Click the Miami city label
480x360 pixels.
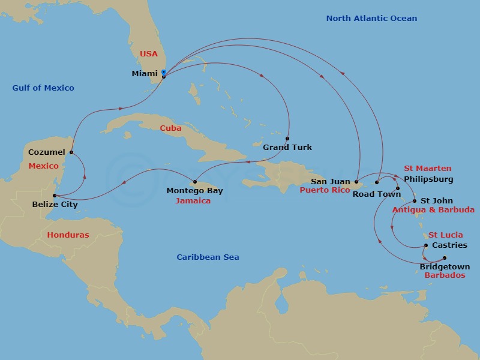[x=145, y=74]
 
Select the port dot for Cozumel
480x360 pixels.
[x=71, y=152]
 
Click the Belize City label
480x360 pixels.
[x=55, y=205]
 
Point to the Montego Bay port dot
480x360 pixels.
[x=196, y=182]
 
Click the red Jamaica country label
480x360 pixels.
[x=193, y=201]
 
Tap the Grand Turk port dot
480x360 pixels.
[x=287, y=139]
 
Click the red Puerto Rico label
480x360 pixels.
[x=324, y=190]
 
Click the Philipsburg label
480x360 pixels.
[x=429, y=179]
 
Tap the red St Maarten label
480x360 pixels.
[x=428, y=169]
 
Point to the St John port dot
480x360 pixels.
[x=415, y=201]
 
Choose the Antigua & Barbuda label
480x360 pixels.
[x=433, y=210]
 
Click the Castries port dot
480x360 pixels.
[x=426, y=245]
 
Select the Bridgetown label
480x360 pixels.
[x=445, y=266]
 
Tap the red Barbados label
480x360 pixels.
[x=445, y=275]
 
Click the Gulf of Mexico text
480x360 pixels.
[x=43, y=88]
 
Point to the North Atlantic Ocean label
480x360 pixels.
[x=371, y=19]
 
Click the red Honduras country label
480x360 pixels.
[x=68, y=235]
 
